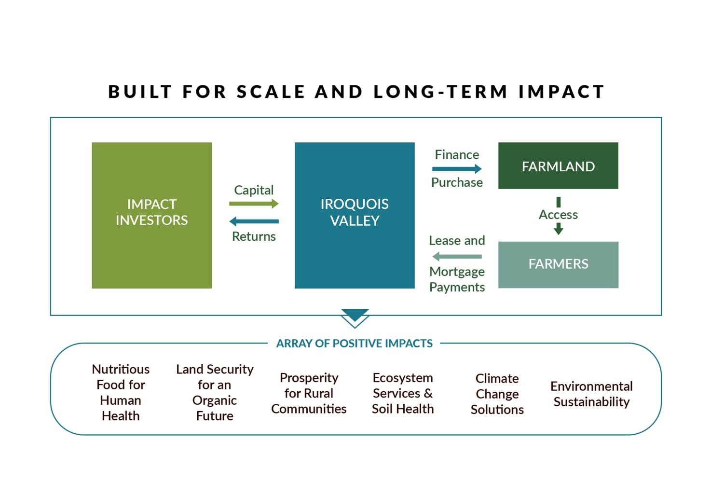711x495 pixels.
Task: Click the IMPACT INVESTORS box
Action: [x=152, y=215]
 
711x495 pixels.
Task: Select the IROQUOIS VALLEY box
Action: [x=355, y=215]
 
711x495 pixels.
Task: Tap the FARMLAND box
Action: [x=558, y=166]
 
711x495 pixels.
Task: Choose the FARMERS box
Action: [x=558, y=265]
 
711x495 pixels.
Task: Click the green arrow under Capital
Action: [x=254, y=204]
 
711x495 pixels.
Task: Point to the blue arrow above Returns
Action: [x=254, y=221]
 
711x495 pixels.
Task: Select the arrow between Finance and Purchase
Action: [x=457, y=169]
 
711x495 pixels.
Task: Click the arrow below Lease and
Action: [x=457, y=256]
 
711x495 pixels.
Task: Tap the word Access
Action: [x=558, y=215]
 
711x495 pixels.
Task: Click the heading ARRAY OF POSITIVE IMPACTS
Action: [x=354, y=343]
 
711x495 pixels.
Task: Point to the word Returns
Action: [x=254, y=236]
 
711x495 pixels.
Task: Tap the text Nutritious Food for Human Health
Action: [x=121, y=392]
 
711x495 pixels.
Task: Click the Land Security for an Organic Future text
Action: [x=215, y=392]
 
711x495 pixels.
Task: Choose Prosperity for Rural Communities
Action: [x=309, y=393]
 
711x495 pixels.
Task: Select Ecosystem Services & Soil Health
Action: [x=403, y=393]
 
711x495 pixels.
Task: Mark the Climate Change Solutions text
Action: [x=497, y=394]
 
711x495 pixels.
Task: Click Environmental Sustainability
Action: [x=592, y=394]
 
